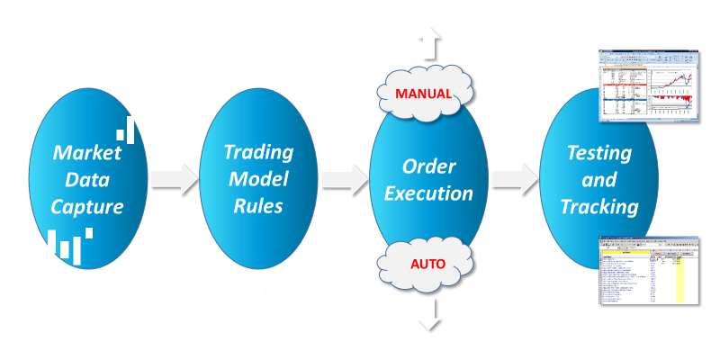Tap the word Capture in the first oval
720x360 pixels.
pyautogui.click(x=87, y=207)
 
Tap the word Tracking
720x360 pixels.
pyautogui.click(x=598, y=207)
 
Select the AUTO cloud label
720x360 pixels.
pyautogui.click(x=427, y=265)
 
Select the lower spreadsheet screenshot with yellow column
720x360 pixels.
pyautogui.click(x=650, y=270)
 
